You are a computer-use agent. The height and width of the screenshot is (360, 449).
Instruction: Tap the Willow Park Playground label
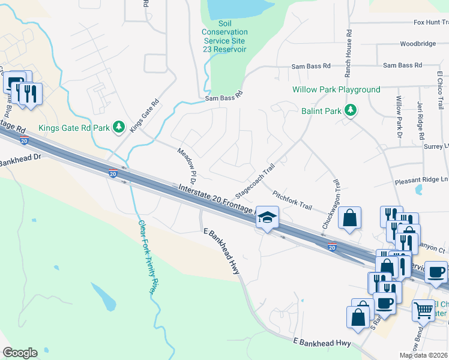336,89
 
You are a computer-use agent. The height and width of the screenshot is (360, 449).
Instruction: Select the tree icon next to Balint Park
351,110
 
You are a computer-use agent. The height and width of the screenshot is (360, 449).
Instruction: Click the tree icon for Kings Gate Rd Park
119,127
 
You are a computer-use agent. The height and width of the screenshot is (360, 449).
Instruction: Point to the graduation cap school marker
267,217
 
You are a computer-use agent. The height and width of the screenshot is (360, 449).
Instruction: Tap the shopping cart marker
424,310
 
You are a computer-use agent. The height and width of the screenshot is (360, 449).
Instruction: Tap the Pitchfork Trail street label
292,200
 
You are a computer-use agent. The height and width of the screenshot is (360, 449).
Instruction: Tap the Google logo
20,353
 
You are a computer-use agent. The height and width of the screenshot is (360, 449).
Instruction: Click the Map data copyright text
423,355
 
